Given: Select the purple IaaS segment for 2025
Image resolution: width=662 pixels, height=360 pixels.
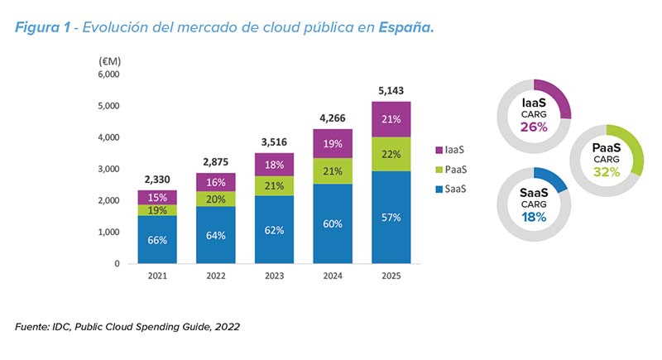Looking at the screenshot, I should tap(391, 119).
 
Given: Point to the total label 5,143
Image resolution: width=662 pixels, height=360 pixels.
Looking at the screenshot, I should tap(391, 89).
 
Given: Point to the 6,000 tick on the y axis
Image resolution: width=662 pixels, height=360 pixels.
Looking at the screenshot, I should tap(109, 74).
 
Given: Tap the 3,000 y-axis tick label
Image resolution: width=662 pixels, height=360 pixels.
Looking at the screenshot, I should tap(109, 169).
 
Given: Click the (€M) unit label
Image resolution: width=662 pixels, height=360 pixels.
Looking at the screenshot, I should tap(110, 60).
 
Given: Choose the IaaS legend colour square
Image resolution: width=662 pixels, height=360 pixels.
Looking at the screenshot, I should tap(439, 150).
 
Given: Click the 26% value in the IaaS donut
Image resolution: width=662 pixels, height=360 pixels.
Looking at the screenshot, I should tap(533, 127).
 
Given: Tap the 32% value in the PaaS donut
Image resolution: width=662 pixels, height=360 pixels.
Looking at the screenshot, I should tap(607, 173).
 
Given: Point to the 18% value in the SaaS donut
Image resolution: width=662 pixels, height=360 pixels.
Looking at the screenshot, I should tap(533, 217).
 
